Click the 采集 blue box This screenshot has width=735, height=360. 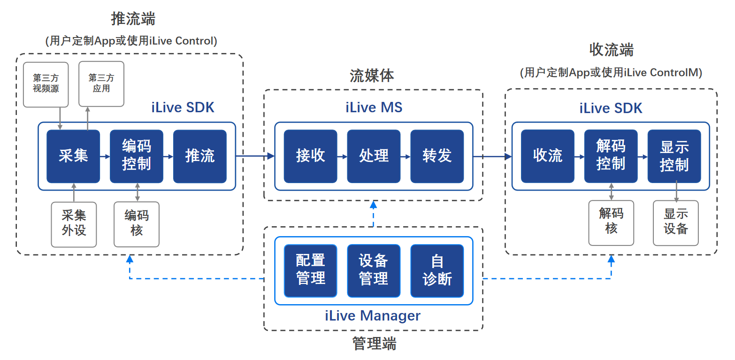coord(73,156)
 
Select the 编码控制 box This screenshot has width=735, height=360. coord(137,156)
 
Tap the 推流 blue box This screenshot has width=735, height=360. coord(200,156)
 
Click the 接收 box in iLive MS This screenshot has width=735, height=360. coord(310,156)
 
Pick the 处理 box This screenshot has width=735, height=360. coord(374,156)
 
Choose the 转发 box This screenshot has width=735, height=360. coord(437,156)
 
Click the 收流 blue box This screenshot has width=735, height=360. coord(548,156)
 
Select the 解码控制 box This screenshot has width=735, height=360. coord(611,156)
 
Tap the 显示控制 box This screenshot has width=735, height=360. coord(674,156)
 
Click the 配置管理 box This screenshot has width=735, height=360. coord(310,271)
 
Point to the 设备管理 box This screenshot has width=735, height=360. coord(374,271)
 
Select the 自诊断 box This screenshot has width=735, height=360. coord(437,271)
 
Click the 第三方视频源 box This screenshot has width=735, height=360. coord(46,84)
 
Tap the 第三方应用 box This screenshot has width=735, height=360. coord(101,84)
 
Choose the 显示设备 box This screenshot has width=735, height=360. coord(676,222)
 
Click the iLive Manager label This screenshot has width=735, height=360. coord(373,315)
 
